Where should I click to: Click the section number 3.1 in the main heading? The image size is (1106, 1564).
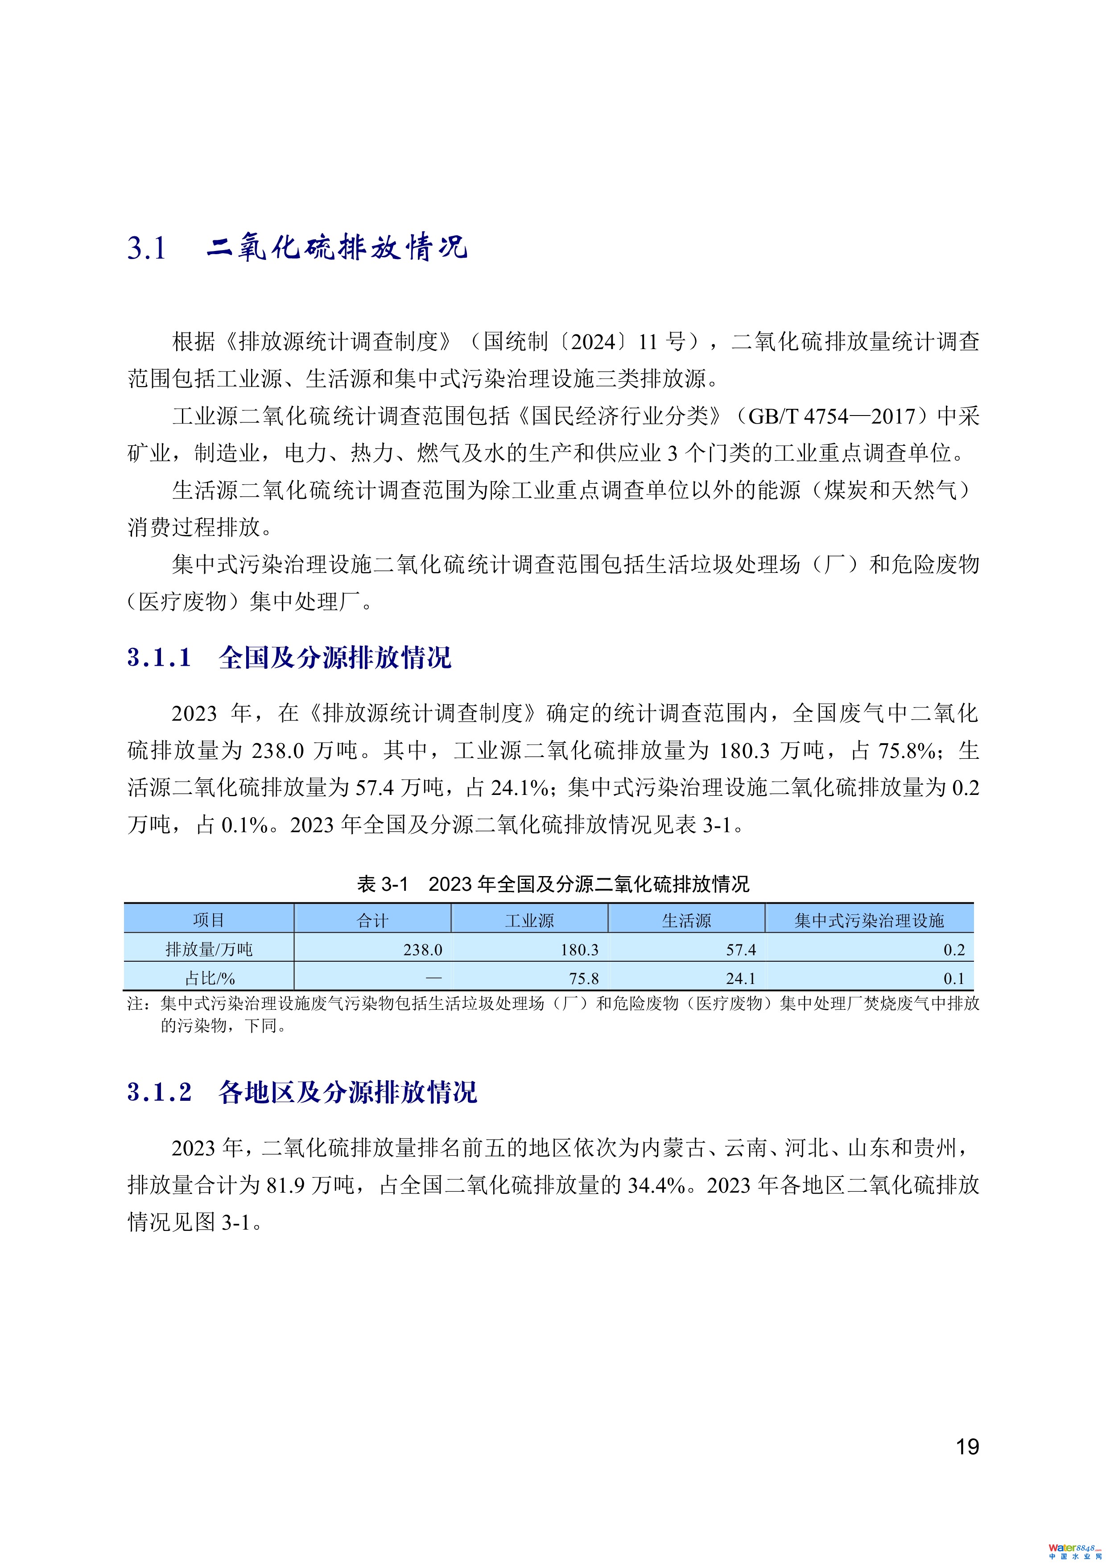(147, 248)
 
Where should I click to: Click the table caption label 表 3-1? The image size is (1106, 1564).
(382, 884)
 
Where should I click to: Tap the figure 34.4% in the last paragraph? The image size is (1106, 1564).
(656, 1185)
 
